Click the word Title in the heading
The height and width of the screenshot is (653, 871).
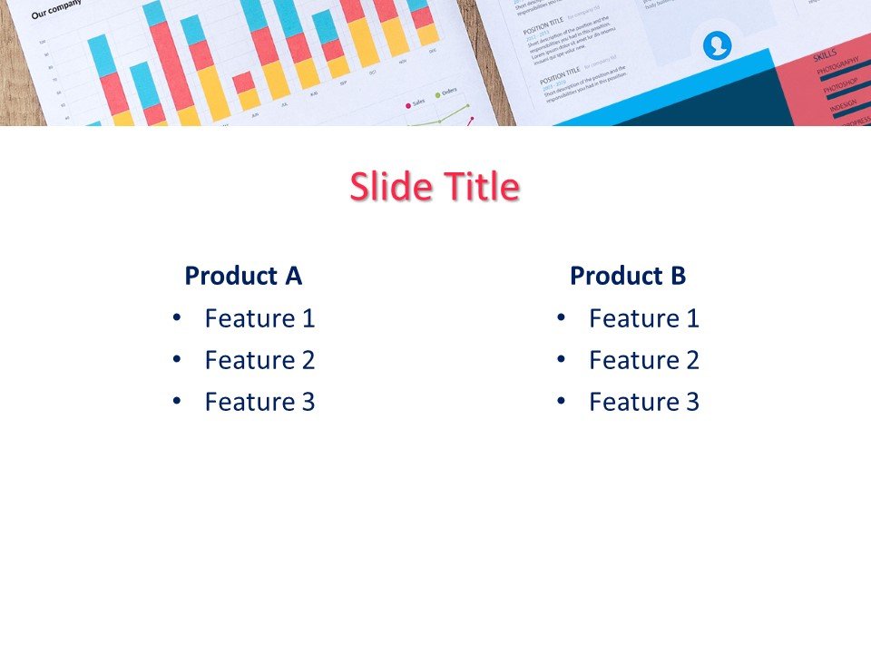(482, 187)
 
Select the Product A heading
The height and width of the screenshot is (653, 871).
(243, 276)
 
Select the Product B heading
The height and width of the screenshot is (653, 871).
(628, 276)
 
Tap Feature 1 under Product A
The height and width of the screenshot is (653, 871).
(259, 318)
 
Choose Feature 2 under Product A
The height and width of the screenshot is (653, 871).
(259, 360)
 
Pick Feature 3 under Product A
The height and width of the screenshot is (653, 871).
(259, 402)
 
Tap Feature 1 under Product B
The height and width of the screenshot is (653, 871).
(644, 318)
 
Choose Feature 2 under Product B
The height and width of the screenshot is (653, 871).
(644, 360)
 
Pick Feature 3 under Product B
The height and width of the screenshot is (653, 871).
(644, 402)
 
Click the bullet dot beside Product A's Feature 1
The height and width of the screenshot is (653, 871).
(176, 317)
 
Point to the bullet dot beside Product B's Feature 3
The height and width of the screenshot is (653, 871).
(561, 401)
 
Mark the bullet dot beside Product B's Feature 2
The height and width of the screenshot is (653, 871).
(561, 359)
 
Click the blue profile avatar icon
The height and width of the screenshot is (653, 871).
(718, 44)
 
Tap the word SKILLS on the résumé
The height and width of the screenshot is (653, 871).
(826, 54)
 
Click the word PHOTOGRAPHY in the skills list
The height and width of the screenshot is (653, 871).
(836, 67)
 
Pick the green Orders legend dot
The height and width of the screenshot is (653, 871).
(437, 94)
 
